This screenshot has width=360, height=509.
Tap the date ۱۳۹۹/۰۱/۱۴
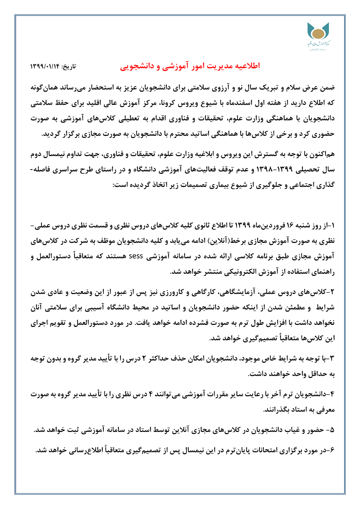[45, 67]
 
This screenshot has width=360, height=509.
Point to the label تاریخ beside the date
[69, 67]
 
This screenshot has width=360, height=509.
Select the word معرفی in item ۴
[326, 409]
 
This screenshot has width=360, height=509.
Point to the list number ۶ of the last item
[332, 450]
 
